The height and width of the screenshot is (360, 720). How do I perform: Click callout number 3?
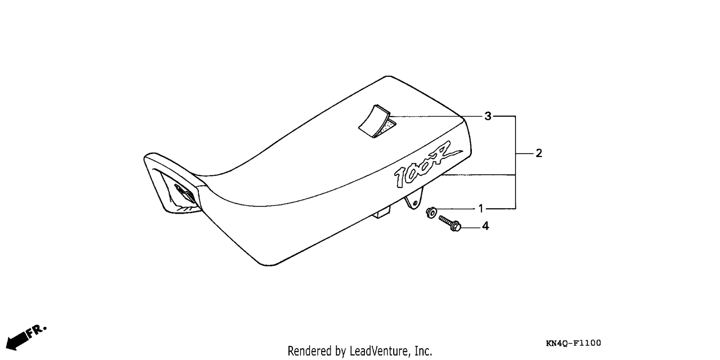click(488, 116)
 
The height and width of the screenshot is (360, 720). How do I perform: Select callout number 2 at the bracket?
click(539, 153)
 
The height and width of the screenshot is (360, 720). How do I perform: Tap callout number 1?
click(481, 209)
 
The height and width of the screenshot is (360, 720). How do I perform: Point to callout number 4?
click(485, 226)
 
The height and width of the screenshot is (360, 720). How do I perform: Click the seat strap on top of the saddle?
click(374, 121)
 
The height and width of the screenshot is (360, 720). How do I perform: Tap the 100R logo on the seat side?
click(428, 165)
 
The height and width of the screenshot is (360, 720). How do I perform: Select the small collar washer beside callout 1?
click(431, 213)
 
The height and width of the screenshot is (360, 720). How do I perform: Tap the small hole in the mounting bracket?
click(415, 203)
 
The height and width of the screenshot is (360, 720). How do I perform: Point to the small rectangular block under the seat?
click(382, 213)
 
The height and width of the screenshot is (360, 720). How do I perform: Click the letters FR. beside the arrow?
click(36, 332)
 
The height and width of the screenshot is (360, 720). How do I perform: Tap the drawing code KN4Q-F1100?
click(574, 343)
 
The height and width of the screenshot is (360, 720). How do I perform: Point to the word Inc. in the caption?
click(423, 351)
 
